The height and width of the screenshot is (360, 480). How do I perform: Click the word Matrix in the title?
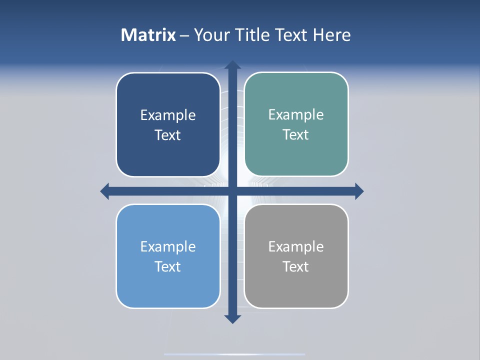pyautogui.click(x=148, y=35)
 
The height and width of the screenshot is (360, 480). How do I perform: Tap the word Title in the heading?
pyautogui.click(x=252, y=35)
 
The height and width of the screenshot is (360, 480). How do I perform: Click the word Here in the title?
pyautogui.click(x=332, y=35)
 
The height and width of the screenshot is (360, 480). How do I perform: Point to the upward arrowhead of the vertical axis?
pyautogui.click(x=232, y=65)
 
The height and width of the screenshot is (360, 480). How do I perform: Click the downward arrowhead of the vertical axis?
pyautogui.click(x=232, y=319)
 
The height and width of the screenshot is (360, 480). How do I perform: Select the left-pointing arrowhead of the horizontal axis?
pyautogui.click(x=105, y=191)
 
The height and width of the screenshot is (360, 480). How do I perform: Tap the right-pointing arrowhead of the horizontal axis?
pyautogui.click(x=359, y=191)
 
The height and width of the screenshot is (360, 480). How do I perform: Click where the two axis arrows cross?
pyautogui.click(x=232, y=191)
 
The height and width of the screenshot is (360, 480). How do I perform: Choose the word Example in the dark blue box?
pyautogui.click(x=168, y=115)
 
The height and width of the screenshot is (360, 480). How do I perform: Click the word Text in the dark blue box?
pyautogui.click(x=168, y=135)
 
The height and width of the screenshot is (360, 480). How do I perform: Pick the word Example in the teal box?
pyautogui.click(x=296, y=115)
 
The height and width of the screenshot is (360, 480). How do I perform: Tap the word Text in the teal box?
pyautogui.click(x=296, y=135)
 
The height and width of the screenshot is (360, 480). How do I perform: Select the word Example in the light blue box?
pyautogui.click(x=168, y=247)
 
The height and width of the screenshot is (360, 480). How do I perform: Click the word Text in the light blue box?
pyautogui.click(x=168, y=267)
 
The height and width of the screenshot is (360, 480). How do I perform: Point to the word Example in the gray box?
pyautogui.click(x=296, y=247)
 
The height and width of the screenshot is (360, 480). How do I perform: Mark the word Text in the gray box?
pyautogui.click(x=296, y=267)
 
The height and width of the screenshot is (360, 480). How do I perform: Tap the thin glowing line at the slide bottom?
pyautogui.click(x=234, y=354)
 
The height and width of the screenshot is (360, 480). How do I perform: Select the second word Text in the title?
pyautogui.click(x=292, y=35)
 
